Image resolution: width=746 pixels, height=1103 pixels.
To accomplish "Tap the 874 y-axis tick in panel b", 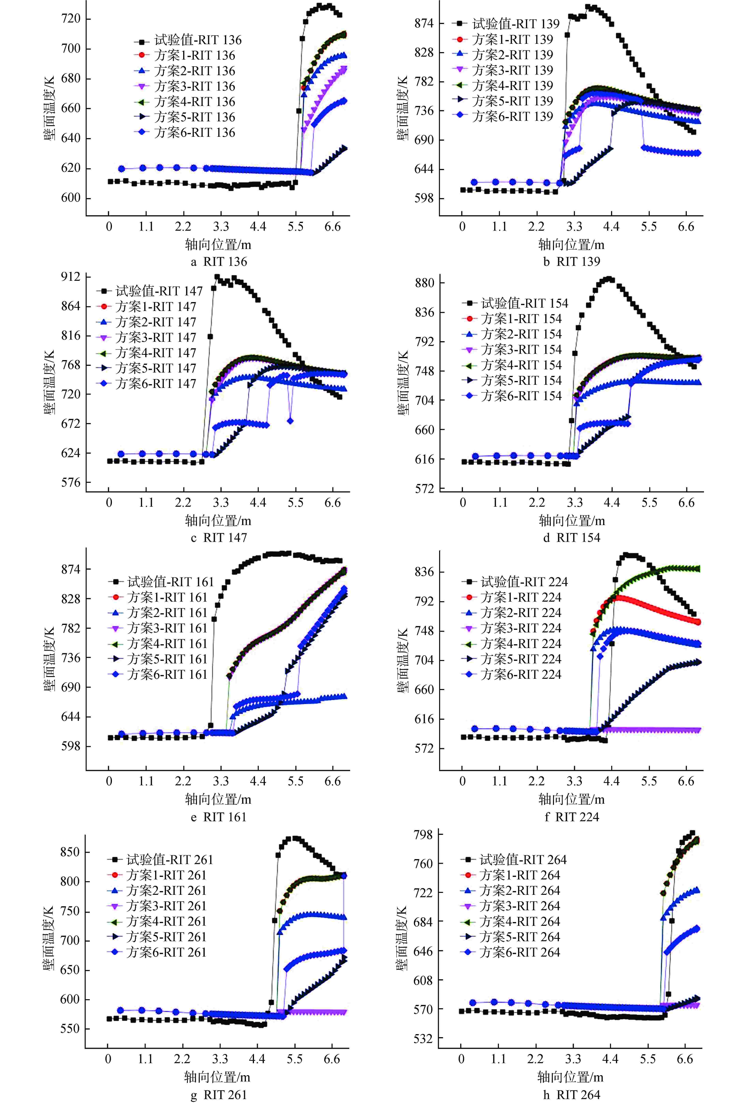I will click(424, 23).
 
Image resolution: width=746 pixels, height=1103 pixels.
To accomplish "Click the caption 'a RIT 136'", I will click(219, 261).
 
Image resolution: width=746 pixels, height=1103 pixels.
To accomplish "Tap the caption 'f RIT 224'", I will click(572, 817).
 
